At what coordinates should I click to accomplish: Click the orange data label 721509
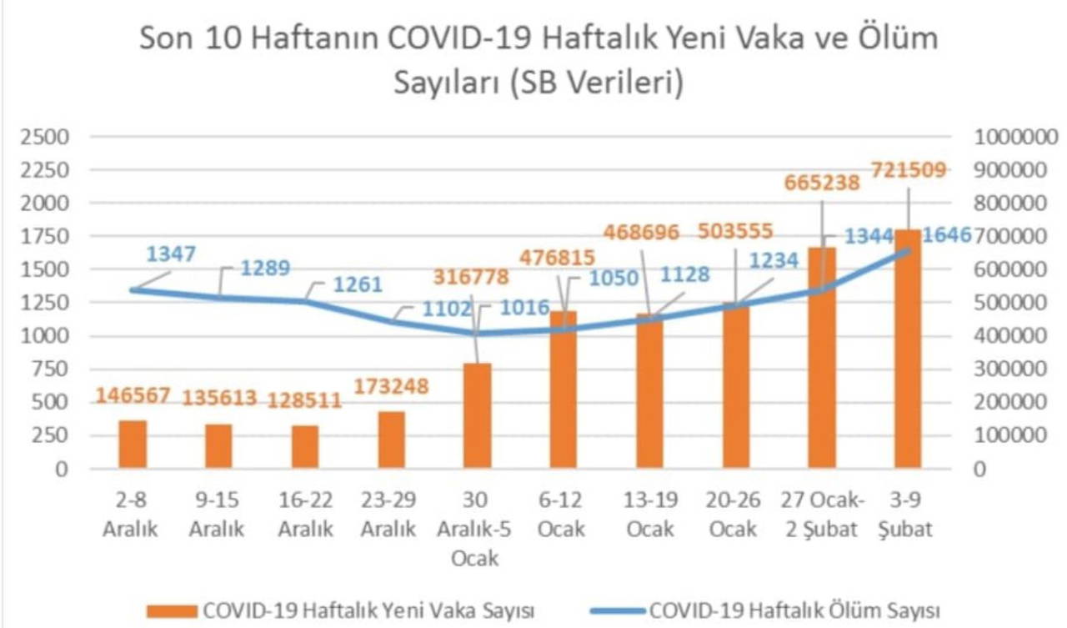click(x=909, y=171)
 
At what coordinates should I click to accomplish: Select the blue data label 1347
click(x=171, y=253)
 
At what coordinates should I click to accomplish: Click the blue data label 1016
click(x=525, y=308)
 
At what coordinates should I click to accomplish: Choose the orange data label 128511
click(x=305, y=400)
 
